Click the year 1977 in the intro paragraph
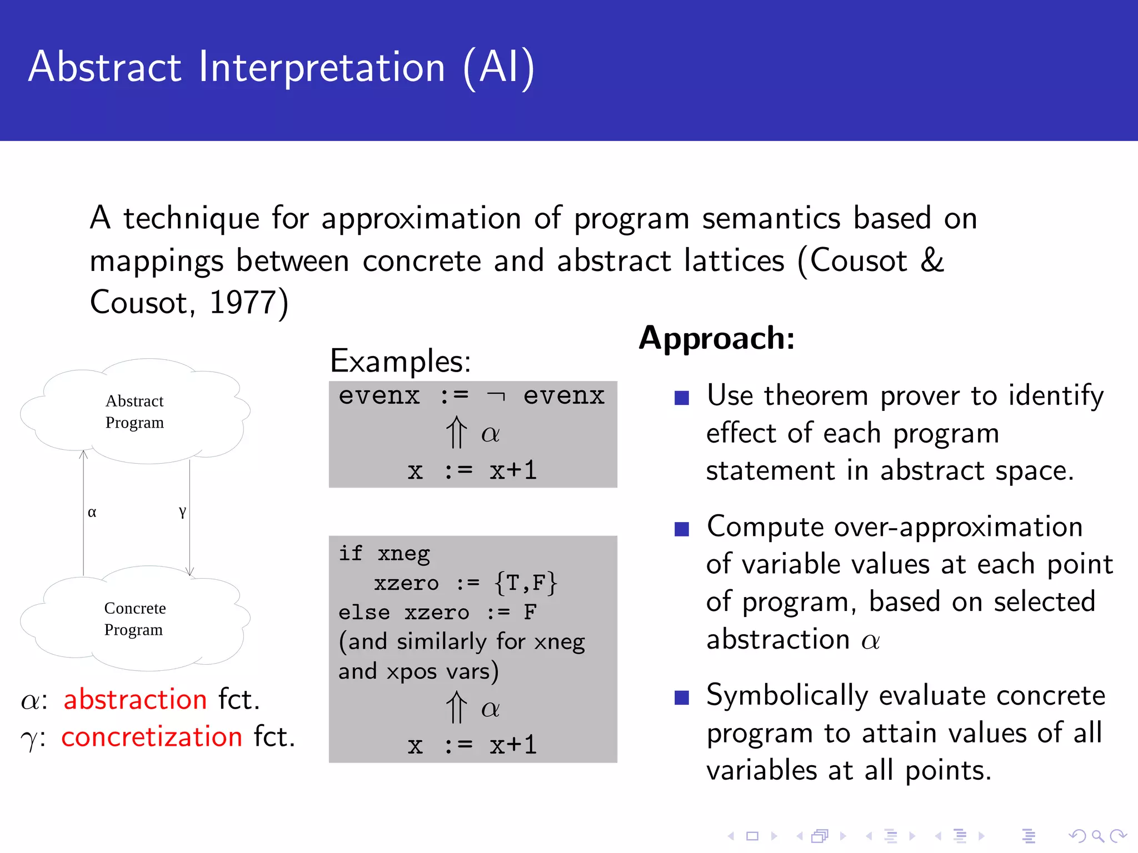(242, 303)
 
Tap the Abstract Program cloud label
(134, 412)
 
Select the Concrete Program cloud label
(134, 619)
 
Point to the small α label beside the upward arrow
(92, 512)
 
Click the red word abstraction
(135, 699)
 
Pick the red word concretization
(152, 737)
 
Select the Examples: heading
(400, 361)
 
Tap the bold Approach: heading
(717, 338)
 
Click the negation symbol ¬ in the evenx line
(496, 397)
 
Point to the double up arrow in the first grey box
(456, 432)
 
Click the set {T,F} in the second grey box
(525, 583)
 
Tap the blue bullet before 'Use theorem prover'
(681, 398)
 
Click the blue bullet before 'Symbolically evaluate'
(681, 698)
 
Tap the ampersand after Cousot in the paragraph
(932, 260)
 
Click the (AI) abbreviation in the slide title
(499, 67)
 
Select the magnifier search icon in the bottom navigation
(1097, 836)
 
